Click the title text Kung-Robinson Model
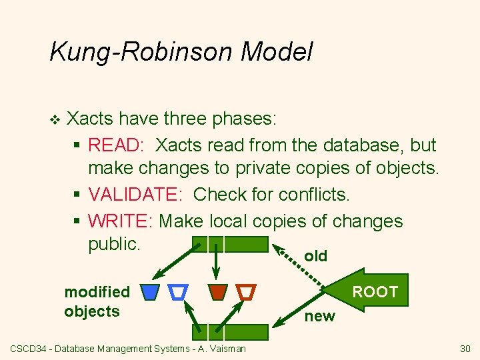[x=181, y=51]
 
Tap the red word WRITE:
[x=122, y=220]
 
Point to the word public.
[x=114, y=244]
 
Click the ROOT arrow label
[x=375, y=291]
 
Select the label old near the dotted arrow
[x=315, y=256]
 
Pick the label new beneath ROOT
[x=320, y=317]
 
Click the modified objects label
[x=96, y=301]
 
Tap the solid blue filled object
[x=151, y=291]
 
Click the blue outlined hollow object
[x=179, y=291]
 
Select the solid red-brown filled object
[x=217, y=291]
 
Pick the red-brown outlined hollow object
[x=246, y=291]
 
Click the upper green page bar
[x=229, y=244]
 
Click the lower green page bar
[x=229, y=331]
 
